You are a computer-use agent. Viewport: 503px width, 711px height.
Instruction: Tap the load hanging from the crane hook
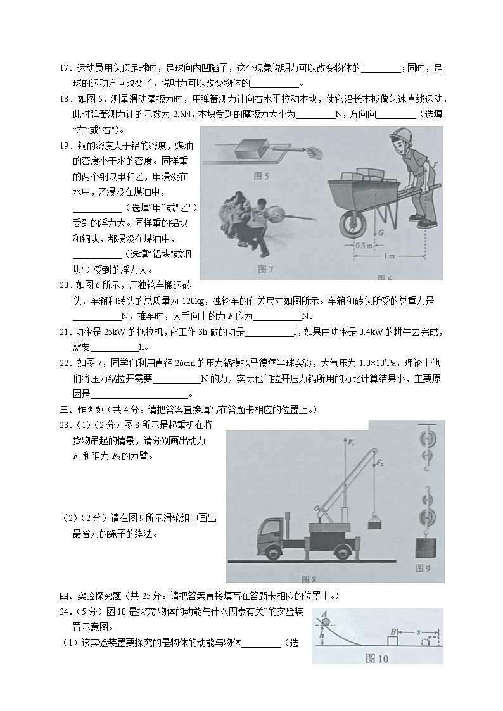(374, 523)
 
